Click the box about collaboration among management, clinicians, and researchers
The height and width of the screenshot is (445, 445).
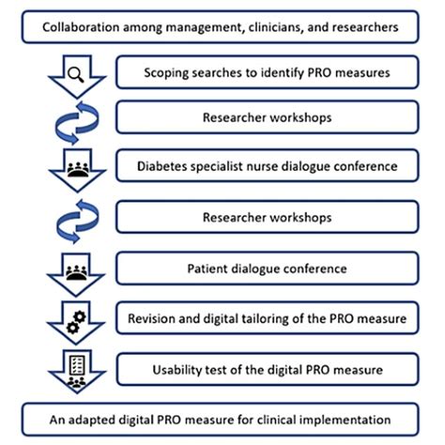[222, 25]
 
